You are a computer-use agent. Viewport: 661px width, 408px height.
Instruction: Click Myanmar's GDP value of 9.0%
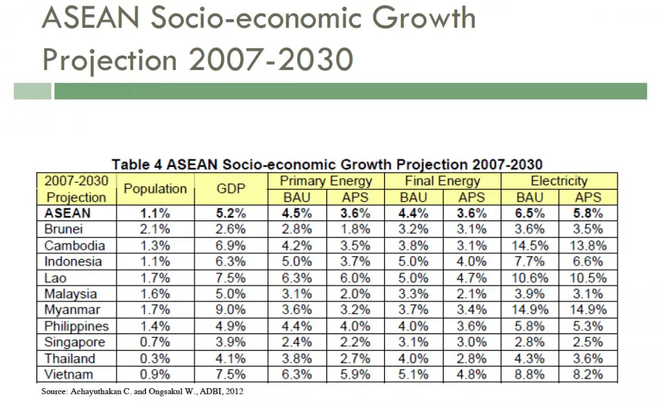pos(231,310)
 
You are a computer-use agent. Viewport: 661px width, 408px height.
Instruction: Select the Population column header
pos(155,189)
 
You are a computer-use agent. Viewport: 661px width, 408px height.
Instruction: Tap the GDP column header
pos(231,189)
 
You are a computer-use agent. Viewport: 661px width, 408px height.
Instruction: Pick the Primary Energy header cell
pos(326,181)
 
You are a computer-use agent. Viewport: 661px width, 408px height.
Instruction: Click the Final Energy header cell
pos(442,181)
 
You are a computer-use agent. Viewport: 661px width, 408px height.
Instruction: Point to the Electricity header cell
pos(559,181)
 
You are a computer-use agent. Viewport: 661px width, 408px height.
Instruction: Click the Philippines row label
pos(77,326)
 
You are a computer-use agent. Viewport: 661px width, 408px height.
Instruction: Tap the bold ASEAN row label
pos(67,213)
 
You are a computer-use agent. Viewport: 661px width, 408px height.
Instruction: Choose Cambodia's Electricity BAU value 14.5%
pos(529,246)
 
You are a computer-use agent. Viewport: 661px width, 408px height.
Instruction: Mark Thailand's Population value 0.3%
pos(155,358)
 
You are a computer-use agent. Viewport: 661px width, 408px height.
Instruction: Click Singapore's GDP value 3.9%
pos(231,342)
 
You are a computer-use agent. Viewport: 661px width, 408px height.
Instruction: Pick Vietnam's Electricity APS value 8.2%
pos(588,375)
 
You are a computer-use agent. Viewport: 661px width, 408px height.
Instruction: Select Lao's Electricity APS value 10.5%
pos(588,278)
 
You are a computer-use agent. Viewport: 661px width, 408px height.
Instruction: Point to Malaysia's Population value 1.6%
pos(155,294)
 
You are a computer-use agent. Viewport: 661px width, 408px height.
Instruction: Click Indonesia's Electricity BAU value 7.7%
pos(529,262)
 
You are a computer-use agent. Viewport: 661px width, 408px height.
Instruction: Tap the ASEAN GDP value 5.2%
pos(231,213)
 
